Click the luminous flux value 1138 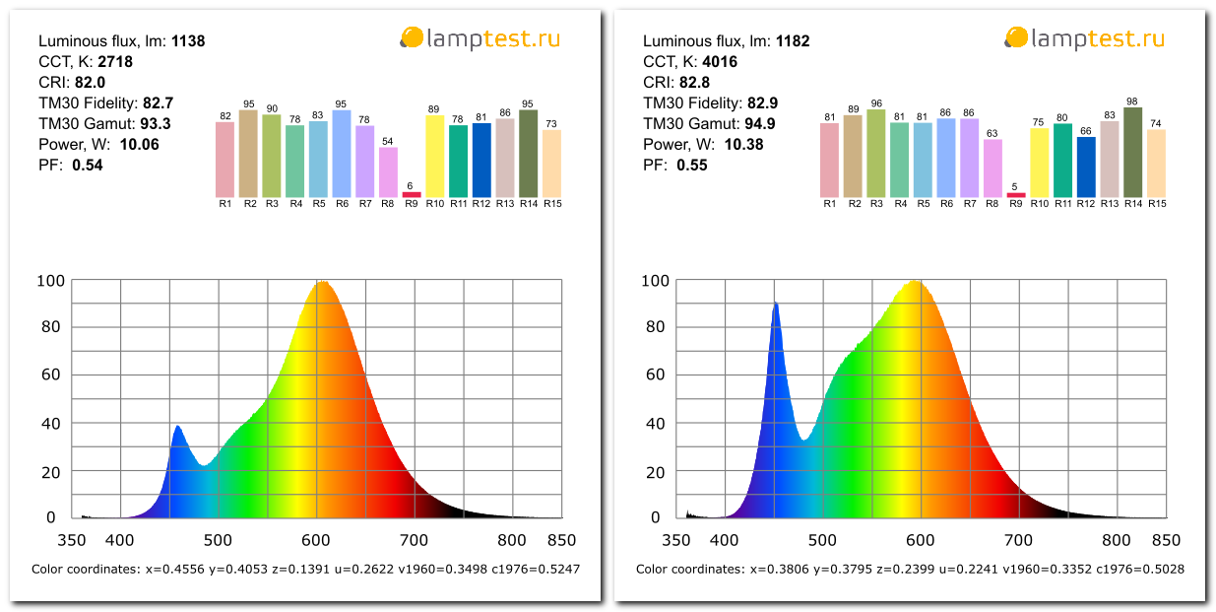187,41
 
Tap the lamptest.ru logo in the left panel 480,38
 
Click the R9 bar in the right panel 1015,194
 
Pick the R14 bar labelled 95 528,153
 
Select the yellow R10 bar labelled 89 434,156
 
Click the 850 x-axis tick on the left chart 560,540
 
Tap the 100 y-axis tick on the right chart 656,281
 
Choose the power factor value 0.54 88,166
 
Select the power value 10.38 743,145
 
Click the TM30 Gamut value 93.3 156,124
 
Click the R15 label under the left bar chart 551,204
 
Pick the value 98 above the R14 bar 1132,102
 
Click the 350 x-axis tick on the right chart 676,540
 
